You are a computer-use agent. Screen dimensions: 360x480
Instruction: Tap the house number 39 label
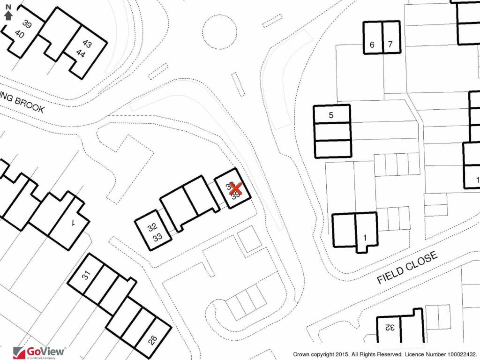26,25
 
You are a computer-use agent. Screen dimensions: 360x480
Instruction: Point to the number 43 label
87,44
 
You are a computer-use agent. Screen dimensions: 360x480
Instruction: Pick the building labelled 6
372,45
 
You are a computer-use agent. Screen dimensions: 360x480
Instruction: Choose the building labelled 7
390,45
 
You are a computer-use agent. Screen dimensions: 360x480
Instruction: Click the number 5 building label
331,115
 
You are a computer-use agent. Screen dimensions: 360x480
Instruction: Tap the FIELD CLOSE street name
407,268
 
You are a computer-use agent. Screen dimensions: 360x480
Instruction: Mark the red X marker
235,188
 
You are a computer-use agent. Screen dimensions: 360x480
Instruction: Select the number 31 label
86,275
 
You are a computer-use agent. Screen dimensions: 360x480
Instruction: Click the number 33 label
157,237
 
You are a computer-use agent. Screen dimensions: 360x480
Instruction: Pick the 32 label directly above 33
152,227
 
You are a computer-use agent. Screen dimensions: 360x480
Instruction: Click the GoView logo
39,352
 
